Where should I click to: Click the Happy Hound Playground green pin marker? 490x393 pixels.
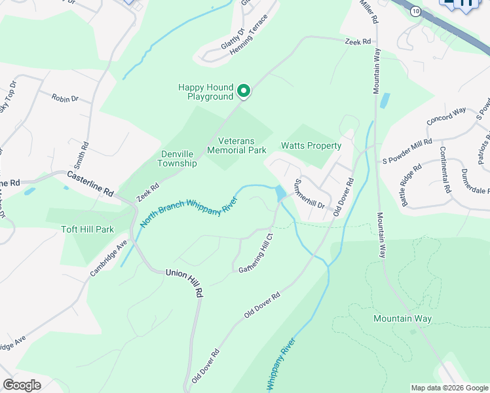pyautogui.click(x=244, y=91)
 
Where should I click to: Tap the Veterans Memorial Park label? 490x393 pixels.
pyautogui.click(x=236, y=145)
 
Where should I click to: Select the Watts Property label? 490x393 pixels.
pyautogui.click(x=311, y=145)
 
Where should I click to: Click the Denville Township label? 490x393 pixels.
pyautogui.click(x=179, y=159)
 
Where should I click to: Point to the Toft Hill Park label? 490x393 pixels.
pyautogui.click(x=88, y=229)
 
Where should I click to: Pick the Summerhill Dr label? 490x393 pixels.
pyautogui.click(x=310, y=193)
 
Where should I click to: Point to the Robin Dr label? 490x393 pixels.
pyautogui.click(x=65, y=98)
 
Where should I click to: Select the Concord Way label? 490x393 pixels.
pyautogui.click(x=446, y=117)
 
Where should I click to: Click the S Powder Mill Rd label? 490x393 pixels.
pyautogui.click(x=407, y=150)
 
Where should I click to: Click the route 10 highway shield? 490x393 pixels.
pyautogui.click(x=415, y=12)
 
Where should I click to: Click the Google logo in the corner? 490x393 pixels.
pyautogui.click(x=22, y=385)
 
